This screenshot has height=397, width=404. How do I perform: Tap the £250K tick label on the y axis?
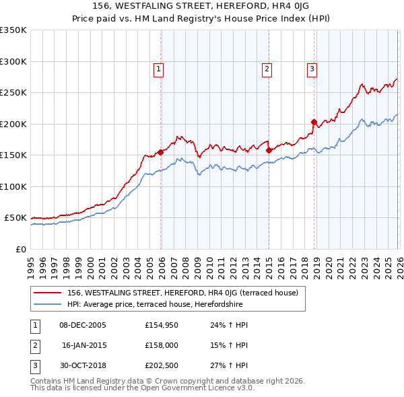tap(13, 92)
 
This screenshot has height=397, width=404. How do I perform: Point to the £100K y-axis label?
tap(13, 186)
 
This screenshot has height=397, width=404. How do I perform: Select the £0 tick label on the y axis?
tap(21, 249)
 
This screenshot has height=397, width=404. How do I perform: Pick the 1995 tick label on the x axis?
tap(31, 264)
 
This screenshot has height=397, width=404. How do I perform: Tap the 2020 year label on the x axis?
tap(329, 264)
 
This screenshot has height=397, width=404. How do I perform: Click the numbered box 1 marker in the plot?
tap(158, 68)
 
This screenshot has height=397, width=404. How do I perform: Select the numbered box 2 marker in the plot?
tap(267, 68)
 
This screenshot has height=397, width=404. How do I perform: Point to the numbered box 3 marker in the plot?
tap(312, 68)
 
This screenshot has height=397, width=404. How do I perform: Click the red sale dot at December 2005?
tap(161, 152)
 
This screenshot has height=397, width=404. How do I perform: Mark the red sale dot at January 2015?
tap(269, 150)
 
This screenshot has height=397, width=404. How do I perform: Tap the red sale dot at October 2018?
tap(314, 122)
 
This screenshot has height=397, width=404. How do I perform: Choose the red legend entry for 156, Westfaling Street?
tap(187, 293)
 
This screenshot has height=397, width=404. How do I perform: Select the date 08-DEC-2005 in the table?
tap(83, 325)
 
